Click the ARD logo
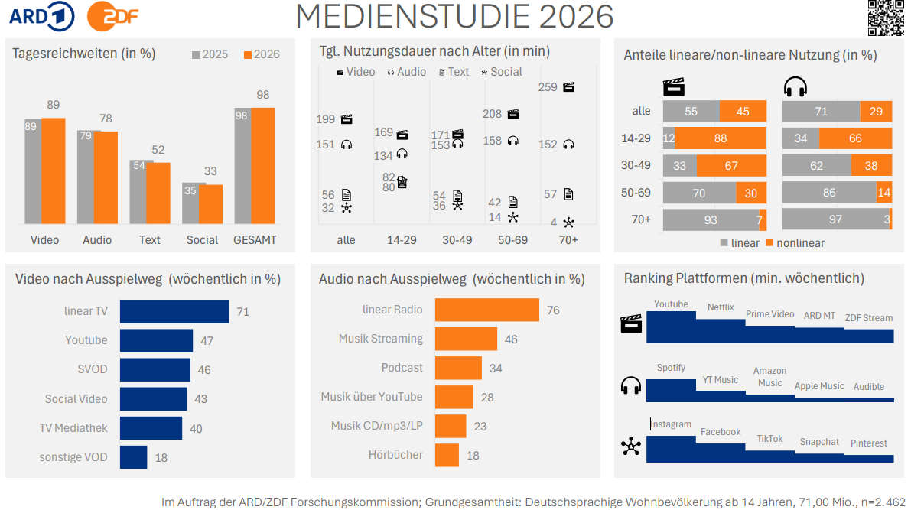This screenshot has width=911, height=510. [x=42, y=16]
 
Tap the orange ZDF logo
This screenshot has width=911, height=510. [x=112, y=16]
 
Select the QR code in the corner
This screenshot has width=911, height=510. [x=886, y=18]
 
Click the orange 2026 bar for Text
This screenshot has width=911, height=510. [x=158, y=193]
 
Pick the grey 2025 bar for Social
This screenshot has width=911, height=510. [x=190, y=203]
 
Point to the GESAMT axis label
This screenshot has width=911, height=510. [x=255, y=240]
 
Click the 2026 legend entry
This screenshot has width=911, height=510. [x=262, y=54]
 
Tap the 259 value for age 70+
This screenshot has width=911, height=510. [x=548, y=87]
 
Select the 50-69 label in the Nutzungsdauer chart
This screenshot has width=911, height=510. [x=512, y=240]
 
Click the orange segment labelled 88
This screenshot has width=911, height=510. [x=721, y=138]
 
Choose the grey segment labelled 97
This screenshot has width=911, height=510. [x=835, y=219]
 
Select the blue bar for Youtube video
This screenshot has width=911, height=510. [x=156, y=340]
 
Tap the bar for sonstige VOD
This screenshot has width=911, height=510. [x=134, y=457]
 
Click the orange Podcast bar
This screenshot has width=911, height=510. [x=458, y=368]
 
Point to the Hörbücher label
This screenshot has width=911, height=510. [x=395, y=455]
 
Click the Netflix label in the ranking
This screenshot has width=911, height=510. [x=721, y=307]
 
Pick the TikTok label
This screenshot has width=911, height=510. [x=769, y=439]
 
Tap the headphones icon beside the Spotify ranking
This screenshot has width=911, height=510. [x=631, y=385]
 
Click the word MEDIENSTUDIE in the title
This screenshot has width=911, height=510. [x=415, y=16]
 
